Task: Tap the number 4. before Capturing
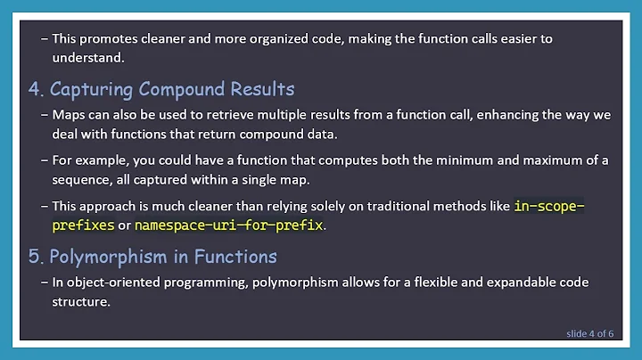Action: (x=37, y=90)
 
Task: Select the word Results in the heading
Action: (x=261, y=90)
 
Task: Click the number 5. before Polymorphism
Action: (x=37, y=257)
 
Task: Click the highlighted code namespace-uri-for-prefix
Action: (x=228, y=225)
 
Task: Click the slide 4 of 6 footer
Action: (x=589, y=334)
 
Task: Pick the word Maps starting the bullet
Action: (x=68, y=116)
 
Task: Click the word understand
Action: (x=86, y=58)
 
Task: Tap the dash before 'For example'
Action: (x=45, y=160)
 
